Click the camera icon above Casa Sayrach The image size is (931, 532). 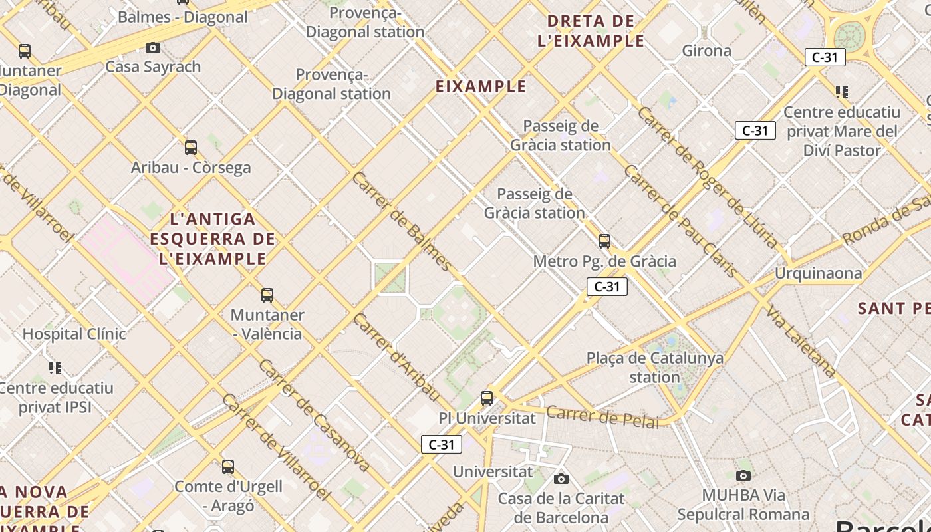coord(153,47)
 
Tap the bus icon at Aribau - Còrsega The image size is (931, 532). coord(191,147)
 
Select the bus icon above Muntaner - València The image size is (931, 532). coord(267,295)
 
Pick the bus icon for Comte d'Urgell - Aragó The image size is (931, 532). coord(228,467)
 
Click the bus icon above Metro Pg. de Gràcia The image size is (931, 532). coord(604,241)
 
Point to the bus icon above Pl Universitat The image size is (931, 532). coord(487,398)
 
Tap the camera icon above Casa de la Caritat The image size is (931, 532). coord(561,479)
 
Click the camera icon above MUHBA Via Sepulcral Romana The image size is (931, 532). coord(743,475)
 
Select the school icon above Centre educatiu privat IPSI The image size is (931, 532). coord(56,368)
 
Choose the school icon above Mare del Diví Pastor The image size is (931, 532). coord(842,92)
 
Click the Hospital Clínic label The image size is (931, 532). coord(74,334)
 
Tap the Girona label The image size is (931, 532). coord(706,51)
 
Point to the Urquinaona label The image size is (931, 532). coord(818,273)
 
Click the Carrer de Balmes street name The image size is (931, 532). coord(402,221)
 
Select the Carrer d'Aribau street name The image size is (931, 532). coord(396,357)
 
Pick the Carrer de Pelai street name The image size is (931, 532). coord(602,417)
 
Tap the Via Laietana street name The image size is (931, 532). coord(801,341)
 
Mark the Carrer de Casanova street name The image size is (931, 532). coord(314,416)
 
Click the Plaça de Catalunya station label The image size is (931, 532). coord(655,368)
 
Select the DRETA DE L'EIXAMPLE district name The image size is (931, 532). coord(591,31)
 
